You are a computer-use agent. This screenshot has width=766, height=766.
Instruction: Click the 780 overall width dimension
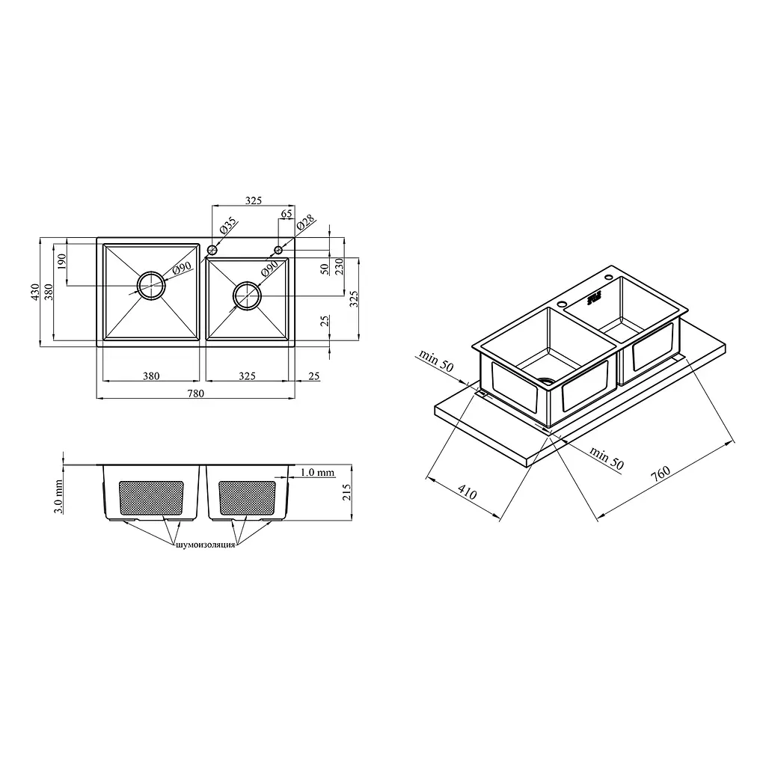(x=195, y=393)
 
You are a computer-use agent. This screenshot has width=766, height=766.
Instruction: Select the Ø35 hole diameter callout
(x=227, y=225)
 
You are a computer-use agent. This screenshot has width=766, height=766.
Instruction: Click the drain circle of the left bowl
(x=151, y=285)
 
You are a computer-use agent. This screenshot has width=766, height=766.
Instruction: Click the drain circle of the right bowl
(x=247, y=295)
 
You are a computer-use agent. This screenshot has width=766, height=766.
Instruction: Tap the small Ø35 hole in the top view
(x=212, y=250)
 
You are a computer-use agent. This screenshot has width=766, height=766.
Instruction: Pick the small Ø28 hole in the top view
(x=278, y=250)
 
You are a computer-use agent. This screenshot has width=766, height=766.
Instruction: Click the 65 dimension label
(x=287, y=213)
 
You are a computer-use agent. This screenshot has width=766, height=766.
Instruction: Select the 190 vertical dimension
(x=61, y=261)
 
